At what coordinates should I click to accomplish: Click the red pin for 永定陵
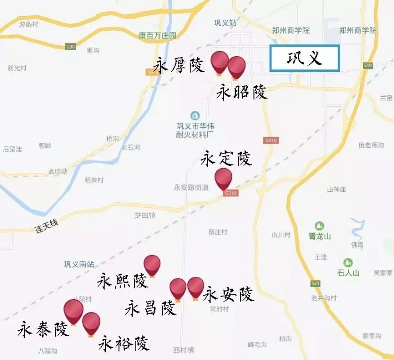pos(223,178)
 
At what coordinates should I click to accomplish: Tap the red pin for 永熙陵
pos(152,264)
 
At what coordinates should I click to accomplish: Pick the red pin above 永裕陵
pos(91,322)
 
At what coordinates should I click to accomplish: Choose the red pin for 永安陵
pos(195,287)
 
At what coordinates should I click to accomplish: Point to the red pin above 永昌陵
pos(178,288)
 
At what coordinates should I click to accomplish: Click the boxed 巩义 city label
pos(305,59)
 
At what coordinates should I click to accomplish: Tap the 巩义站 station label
pos(225,23)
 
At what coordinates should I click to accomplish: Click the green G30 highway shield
pos(70,46)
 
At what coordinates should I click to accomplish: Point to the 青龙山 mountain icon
pos(320,226)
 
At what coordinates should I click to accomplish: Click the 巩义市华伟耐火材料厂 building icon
pos(195,115)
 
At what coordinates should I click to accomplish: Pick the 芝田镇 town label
pos(145,215)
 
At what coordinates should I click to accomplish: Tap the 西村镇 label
pos(184,350)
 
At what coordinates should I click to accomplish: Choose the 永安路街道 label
pos(191,187)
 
